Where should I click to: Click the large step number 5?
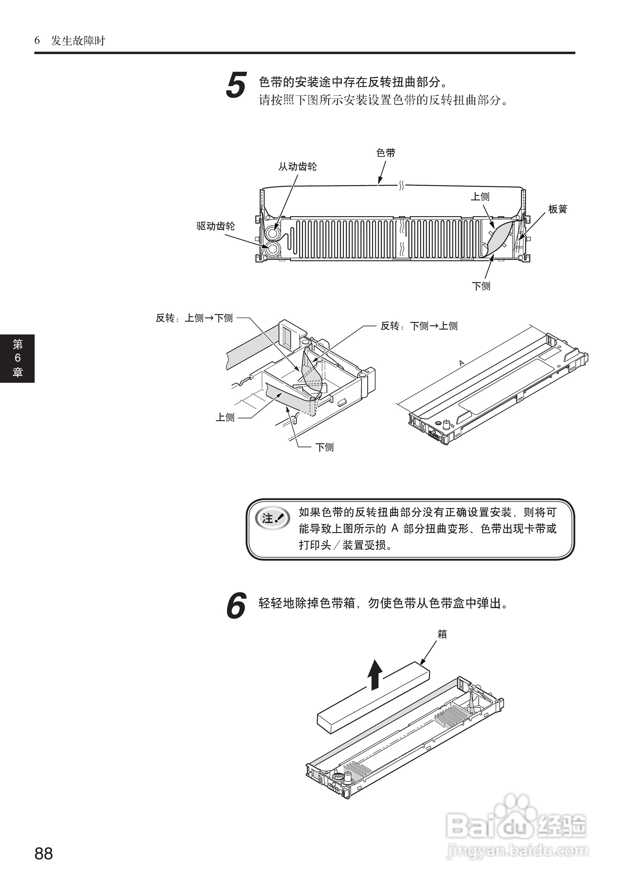(x=236, y=85)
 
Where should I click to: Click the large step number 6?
(x=236, y=605)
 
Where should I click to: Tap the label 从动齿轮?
(x=297, y=167)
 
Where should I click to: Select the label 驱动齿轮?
(x=215, y=226)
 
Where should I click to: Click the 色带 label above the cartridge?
(x=386, y=153)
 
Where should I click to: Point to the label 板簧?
(x=557, y=209)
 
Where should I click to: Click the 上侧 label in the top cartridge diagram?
(x=480, y=197)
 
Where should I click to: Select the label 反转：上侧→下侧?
(x=194, y=318)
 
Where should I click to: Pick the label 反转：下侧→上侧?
(x=419, y=326)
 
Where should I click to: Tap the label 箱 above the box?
(x=442, y=634)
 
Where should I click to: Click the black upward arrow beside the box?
(x=374, y=675)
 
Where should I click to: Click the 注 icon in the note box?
(x=272, y=518)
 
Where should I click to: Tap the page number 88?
(x=44, y=853)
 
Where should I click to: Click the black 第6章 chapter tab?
(x=17, y=358)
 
